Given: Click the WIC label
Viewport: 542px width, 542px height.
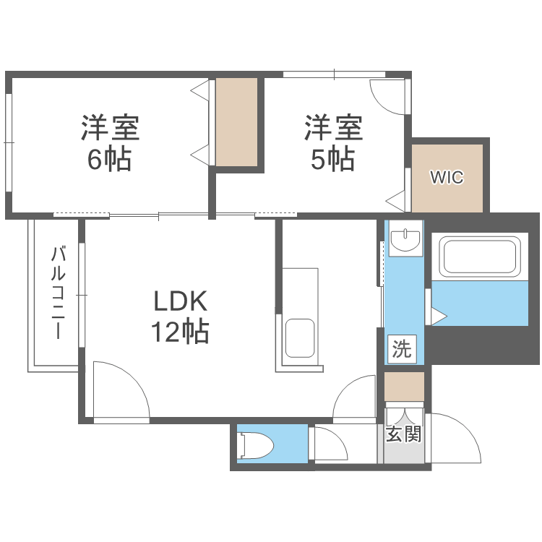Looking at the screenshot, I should click(x=447, y=178).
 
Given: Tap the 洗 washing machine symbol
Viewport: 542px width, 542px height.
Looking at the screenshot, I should click(x=401, y=349).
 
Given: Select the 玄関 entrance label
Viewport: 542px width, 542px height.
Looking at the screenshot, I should click(x=403, y=434).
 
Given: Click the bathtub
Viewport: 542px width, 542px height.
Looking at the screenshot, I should click(x=479, y=259).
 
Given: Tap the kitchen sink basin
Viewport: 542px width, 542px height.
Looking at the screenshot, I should click(x=300, y=338).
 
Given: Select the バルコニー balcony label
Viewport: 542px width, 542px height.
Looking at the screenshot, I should click(x=59, y=293).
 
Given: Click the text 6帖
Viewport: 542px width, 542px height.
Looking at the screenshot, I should click(x=109, y=160).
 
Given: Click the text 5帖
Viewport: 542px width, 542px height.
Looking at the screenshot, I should click(x=332, y=160).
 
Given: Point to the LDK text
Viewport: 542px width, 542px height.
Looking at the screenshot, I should click(x=179, y=301).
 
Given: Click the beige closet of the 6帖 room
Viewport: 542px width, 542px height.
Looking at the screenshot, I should click(x=237, y=122).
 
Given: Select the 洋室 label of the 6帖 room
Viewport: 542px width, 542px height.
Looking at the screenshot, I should click(x=109, y=128).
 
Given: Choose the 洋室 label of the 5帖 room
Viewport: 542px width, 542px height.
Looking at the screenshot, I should click(x=332, y=128).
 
